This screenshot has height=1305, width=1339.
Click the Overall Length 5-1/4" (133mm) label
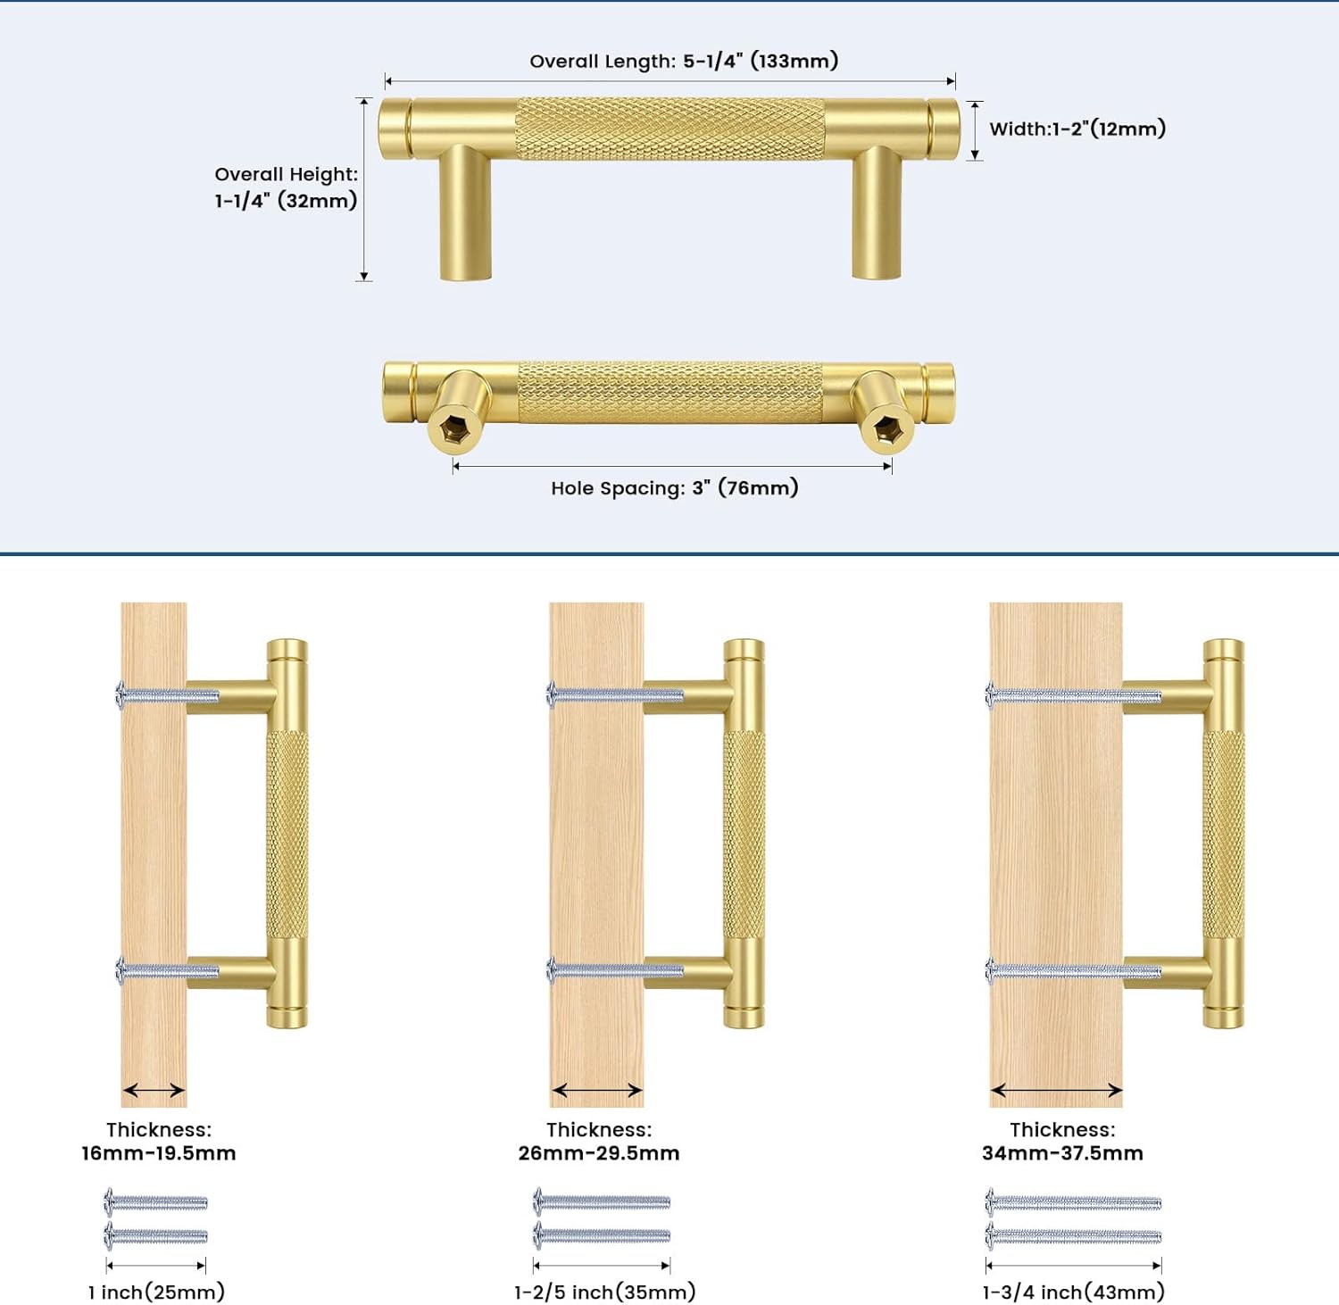click(x=684, y=61)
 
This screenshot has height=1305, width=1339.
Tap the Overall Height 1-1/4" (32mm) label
click(x=286, y=187)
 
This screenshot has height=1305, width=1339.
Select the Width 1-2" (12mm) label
click(x=1077, y=129)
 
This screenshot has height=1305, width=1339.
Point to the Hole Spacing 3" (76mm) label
click(x=674, y=487)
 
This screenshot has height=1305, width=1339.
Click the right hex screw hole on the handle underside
click(x=887, y=430)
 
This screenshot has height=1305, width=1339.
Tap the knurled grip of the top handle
click(x=669, y=129)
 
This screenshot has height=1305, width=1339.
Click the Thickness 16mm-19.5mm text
click(x=159, y=1142)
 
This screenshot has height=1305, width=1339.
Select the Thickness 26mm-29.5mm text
click(x=599, y=1142)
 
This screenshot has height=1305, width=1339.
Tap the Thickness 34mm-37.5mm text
click(x=1062, y=1142)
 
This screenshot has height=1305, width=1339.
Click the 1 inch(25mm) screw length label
click(x=156, y=1292)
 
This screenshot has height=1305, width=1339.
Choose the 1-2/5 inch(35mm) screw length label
click(x=604, y=1292)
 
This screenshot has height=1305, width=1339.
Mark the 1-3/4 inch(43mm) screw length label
click(x=1073, y=1292)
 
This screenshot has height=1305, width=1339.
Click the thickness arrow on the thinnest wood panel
click(x=154, y=1090)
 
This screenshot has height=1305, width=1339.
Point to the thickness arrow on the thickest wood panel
click(x=1056, y=1090)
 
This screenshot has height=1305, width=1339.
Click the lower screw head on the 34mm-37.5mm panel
click(x=990, y=970)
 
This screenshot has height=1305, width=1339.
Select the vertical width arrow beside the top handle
click(x=975, y=130)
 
